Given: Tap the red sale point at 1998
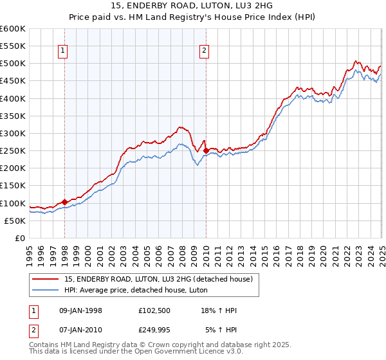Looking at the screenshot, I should pos(64,202).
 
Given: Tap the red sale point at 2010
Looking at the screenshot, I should pos(206,151).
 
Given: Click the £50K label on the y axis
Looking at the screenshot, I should pos(15,221).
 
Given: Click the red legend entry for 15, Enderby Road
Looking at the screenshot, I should pos(161,278).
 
